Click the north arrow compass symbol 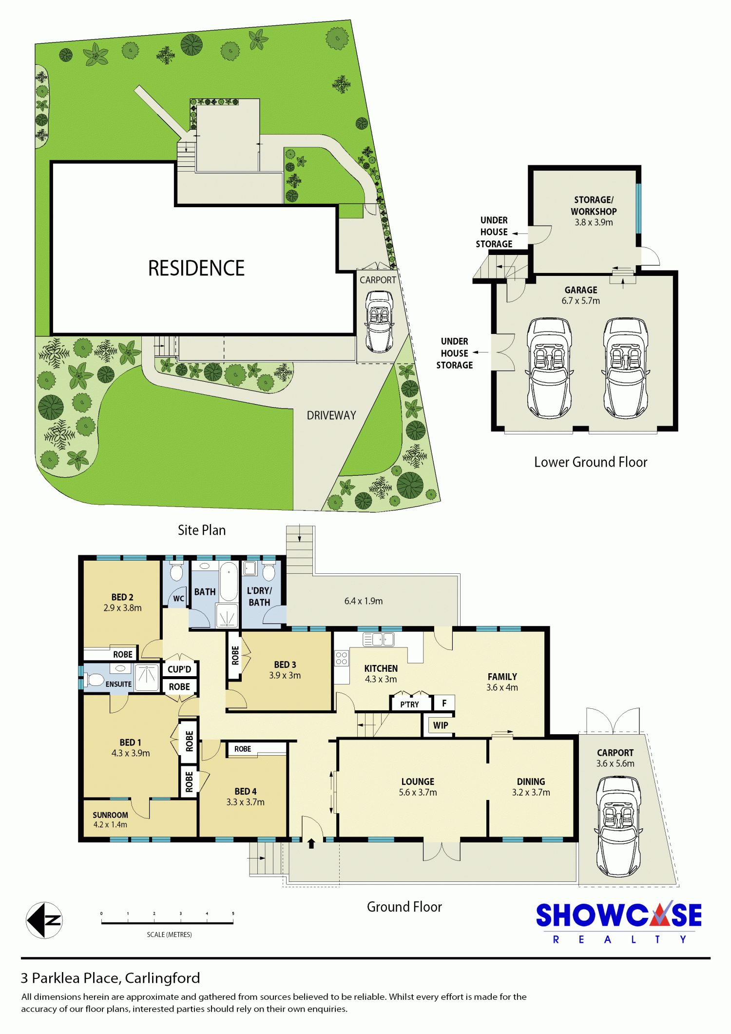(44, 920)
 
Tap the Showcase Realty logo (619, 922)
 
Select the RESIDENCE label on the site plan (196, 268)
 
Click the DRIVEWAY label (331, 415)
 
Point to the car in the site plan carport (380, 321)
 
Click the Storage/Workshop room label (594, 206)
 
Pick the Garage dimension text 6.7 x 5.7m (580, 301)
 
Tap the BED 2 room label (122, 597)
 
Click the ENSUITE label (118, 684)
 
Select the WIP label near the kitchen (441, 725)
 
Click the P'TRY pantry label (409, 704)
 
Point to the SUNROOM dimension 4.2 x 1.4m (110, 824)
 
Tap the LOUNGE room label (418, 781)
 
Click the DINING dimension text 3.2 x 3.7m (531, 792)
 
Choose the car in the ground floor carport (618, 826)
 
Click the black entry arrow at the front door (311, 843)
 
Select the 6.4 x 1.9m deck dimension (364, 601)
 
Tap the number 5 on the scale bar (233, 914)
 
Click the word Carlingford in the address (162, 978)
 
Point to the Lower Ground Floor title (591, 462)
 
